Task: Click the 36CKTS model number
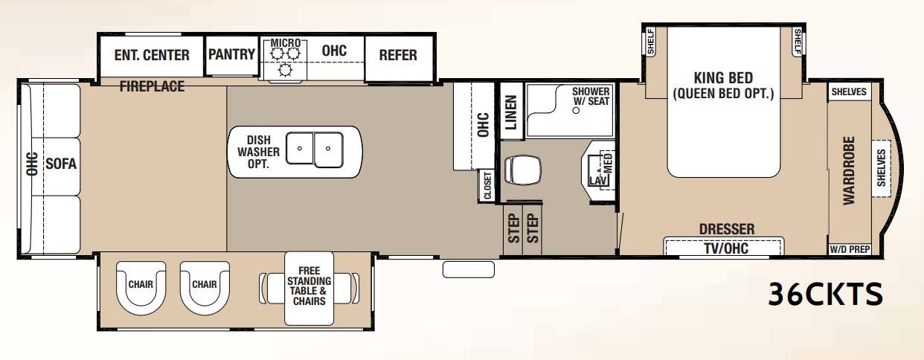pos(826,295)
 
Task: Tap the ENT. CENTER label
pos(152,55)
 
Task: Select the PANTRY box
pos(231,55)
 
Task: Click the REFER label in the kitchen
pos(398,55)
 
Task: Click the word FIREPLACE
pos(152,87)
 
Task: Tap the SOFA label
pos(61,164)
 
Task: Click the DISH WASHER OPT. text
pos(254,152)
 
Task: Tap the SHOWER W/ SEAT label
pos(591,97)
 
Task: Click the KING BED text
pos(723,78)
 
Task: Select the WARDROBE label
pos(849,170)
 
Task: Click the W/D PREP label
pos(848,249)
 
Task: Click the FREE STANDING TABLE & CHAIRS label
pos(309,286)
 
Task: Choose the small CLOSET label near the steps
pos(487,186)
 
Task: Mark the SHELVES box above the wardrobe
pos(849,92)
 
